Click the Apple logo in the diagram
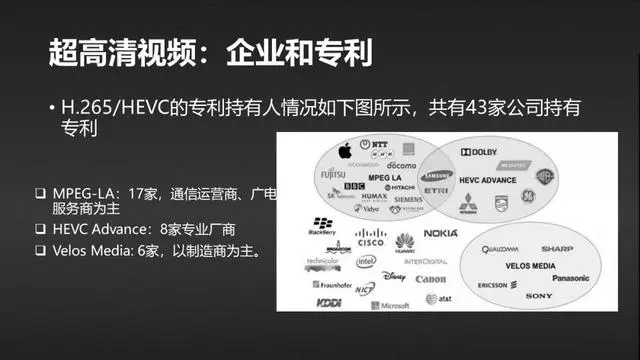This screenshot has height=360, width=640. (345, 152)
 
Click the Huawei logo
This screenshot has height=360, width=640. (404, 240)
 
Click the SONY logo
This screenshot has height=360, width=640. (538, 296)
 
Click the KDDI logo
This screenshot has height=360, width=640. (329, 302)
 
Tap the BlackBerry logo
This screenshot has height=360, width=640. (323, 225)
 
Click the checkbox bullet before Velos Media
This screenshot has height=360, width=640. (40, 250)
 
